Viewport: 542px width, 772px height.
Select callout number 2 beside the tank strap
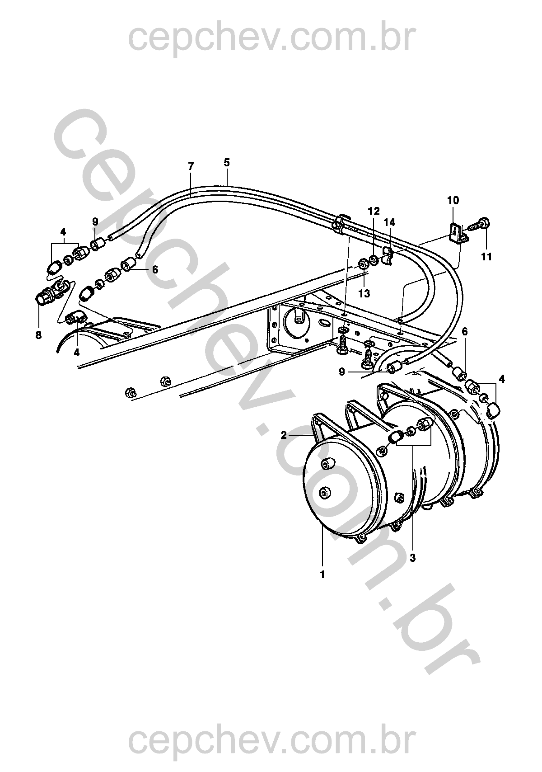[x=284, y=435]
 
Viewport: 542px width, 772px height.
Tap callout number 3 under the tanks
[x=413, y=558]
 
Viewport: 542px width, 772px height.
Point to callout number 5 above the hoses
[x=227, y=162]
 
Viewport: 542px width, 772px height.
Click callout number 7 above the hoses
[x=191, y=166]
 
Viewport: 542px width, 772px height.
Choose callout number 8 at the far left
[x=38, y=334]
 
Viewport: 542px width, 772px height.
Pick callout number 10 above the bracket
[x=453, y=200]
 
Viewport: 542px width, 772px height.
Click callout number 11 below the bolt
[x=486, y=257]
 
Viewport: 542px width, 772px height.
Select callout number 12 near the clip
[x=374, y=211]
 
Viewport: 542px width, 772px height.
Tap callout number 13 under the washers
[x=364, y=294]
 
